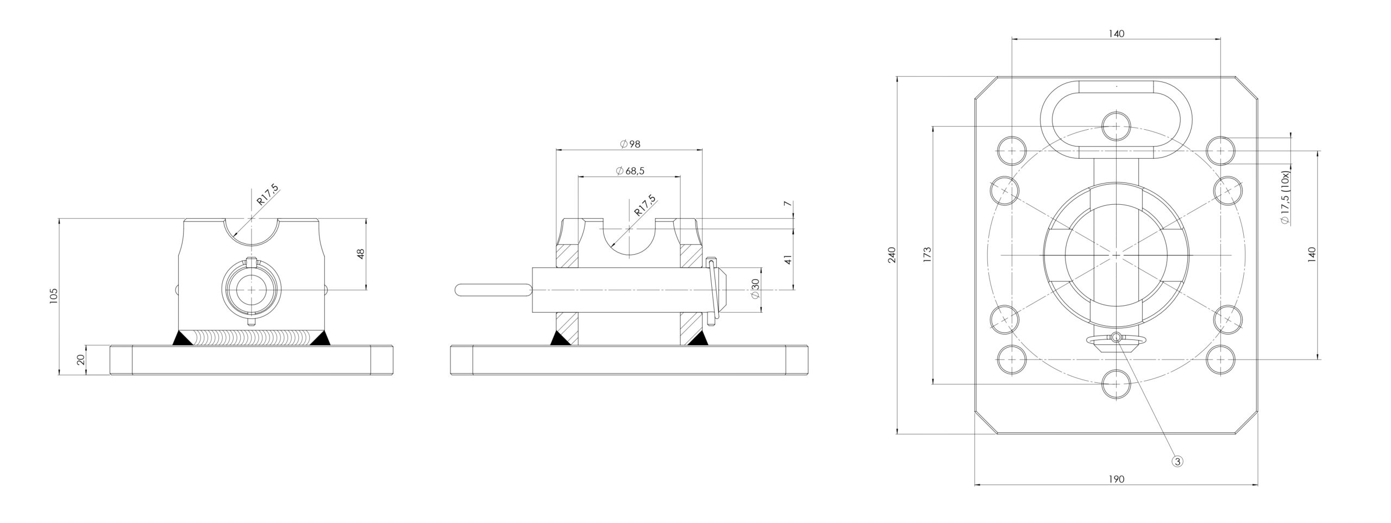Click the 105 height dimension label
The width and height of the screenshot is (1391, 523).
pos(53,296)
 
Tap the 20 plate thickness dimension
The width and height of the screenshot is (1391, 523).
pos(81,360)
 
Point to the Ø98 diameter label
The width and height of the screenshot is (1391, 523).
pos(630,144)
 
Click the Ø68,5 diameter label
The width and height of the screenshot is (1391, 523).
pos(630,171)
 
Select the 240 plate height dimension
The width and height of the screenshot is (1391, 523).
pos(892,255)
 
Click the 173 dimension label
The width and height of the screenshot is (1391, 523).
pos(927,255)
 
